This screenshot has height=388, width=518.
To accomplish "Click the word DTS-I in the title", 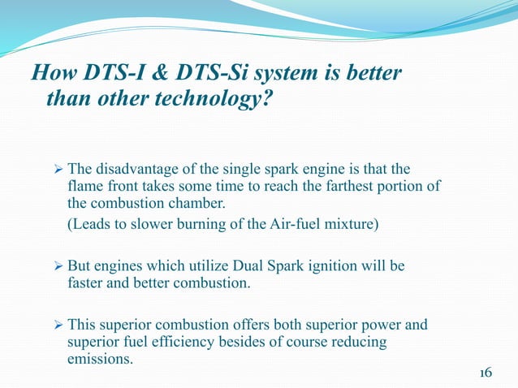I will pyautogui.click(x=105, y=75).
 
